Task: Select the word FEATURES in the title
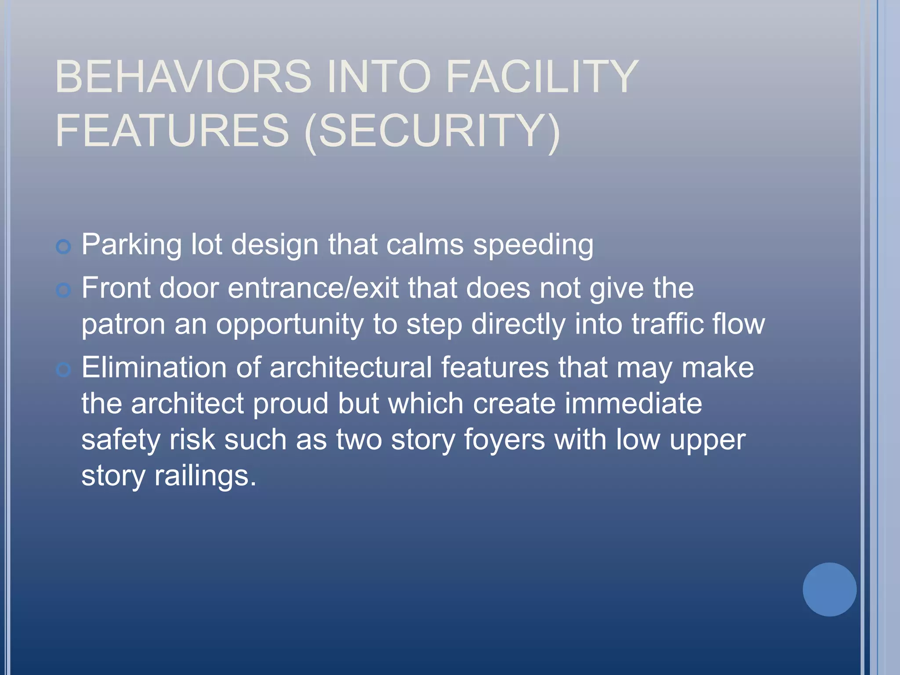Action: pyautogui.click(x=172, y=131)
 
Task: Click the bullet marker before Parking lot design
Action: pyautogui.click(x=64, y=247)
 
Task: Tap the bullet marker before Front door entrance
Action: pyautogui.click(x=64, y=290)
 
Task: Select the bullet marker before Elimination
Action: pyautogui.click(x=64, y=370)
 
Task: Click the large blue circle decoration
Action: pyautogui.click(x=829, y=589)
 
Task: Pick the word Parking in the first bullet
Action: pyautogui.click(x=131, y=245)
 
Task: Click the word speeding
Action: pyautogui.click(x=533, y=245)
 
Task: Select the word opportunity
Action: pyautogui.click(x=290, y=325)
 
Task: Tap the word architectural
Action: pyautogui.click(x=350, y=367)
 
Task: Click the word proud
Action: pyautogui.click(x=290, y=404)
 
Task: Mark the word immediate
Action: pyautogui.click(x=633, y=403)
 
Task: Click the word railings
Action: pyautogui.click(x=205, y=476)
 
